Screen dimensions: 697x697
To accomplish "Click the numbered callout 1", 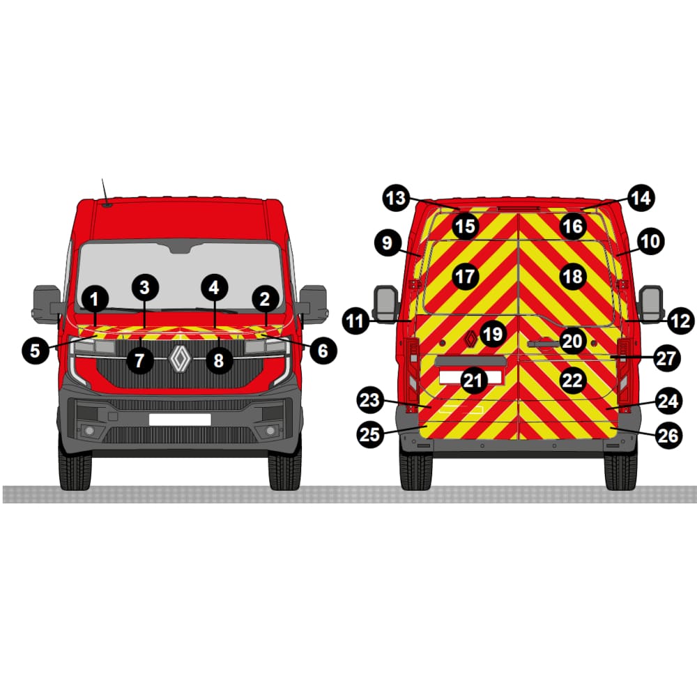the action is pos(94,299).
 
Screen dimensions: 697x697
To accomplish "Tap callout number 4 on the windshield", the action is pos(214,288).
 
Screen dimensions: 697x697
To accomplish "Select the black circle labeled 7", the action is pos(140,360).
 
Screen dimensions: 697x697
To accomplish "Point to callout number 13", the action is pos(397,198).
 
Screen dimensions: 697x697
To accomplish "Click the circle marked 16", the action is pos(572,227).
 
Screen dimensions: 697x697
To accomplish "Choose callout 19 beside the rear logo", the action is pos(493,334).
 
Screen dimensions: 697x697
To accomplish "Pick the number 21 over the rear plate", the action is pos(473,381).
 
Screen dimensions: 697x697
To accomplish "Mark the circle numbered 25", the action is pos(370,434).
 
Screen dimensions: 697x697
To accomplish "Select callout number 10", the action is pos(650,241).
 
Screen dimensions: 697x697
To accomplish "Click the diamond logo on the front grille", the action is pos(179,358).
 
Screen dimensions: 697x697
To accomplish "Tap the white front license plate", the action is pos(180,419).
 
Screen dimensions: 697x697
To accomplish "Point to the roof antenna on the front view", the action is pos(105,193).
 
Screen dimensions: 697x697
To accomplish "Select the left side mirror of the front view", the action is pos(47,302).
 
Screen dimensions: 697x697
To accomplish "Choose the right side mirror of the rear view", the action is pos(651,304).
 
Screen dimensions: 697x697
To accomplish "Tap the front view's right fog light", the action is pos(270,431).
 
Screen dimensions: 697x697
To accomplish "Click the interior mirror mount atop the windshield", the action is pos(180,246).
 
